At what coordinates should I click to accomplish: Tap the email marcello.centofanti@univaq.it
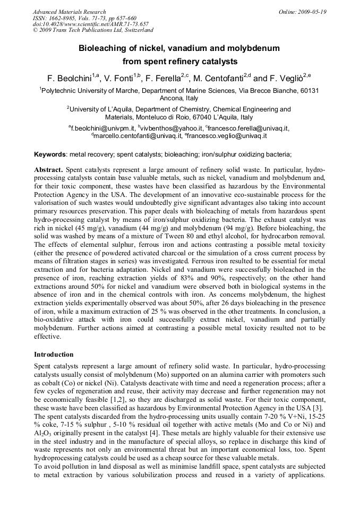(x=138, y=136)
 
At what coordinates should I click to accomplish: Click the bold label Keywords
(x=50, y=154)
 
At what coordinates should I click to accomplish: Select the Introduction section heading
(x=54, y=354)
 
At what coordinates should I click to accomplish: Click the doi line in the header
(x=90, y=24)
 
